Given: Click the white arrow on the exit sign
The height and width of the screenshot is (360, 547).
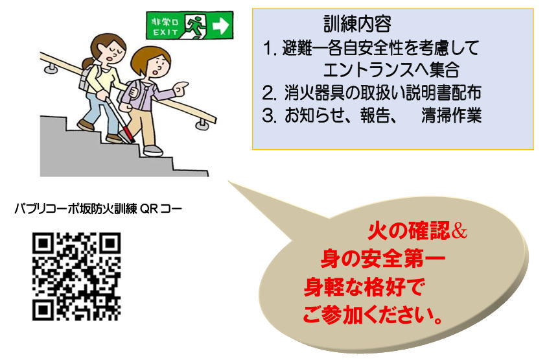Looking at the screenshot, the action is point(221,25).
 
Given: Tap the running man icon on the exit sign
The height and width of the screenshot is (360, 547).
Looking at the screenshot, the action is point(194,25).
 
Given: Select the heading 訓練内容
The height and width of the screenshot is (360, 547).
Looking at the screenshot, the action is point(357,24).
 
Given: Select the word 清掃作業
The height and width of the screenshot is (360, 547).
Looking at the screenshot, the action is point(452,115).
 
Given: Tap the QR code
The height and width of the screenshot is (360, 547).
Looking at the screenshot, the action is point(76,276).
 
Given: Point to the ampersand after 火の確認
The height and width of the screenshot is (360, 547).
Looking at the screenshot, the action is point(459,232).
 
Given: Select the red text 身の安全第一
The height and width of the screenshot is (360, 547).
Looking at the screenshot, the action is point(382,259).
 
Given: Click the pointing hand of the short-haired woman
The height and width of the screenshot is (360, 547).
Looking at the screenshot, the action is point(180,88).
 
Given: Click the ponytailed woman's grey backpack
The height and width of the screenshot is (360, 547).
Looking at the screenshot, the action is point(86,78).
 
